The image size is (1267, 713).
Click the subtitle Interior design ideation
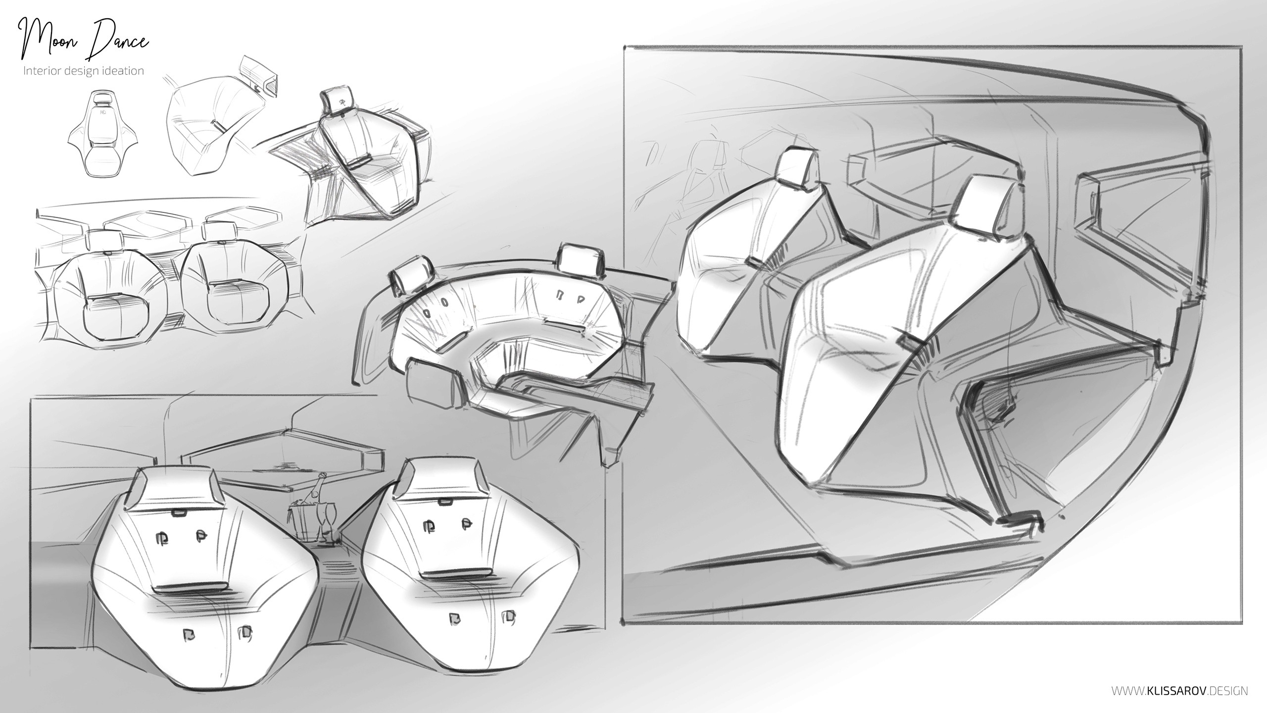coord(84,71)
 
